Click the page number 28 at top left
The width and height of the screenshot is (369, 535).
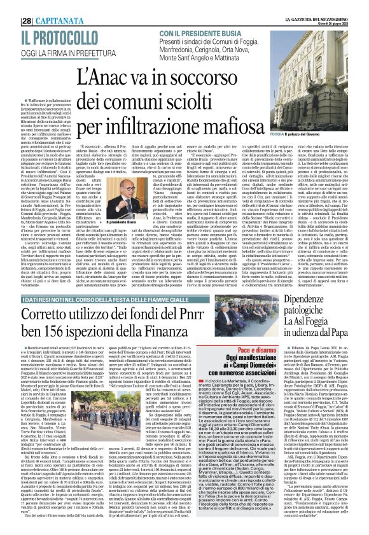[x=9, y=8]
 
